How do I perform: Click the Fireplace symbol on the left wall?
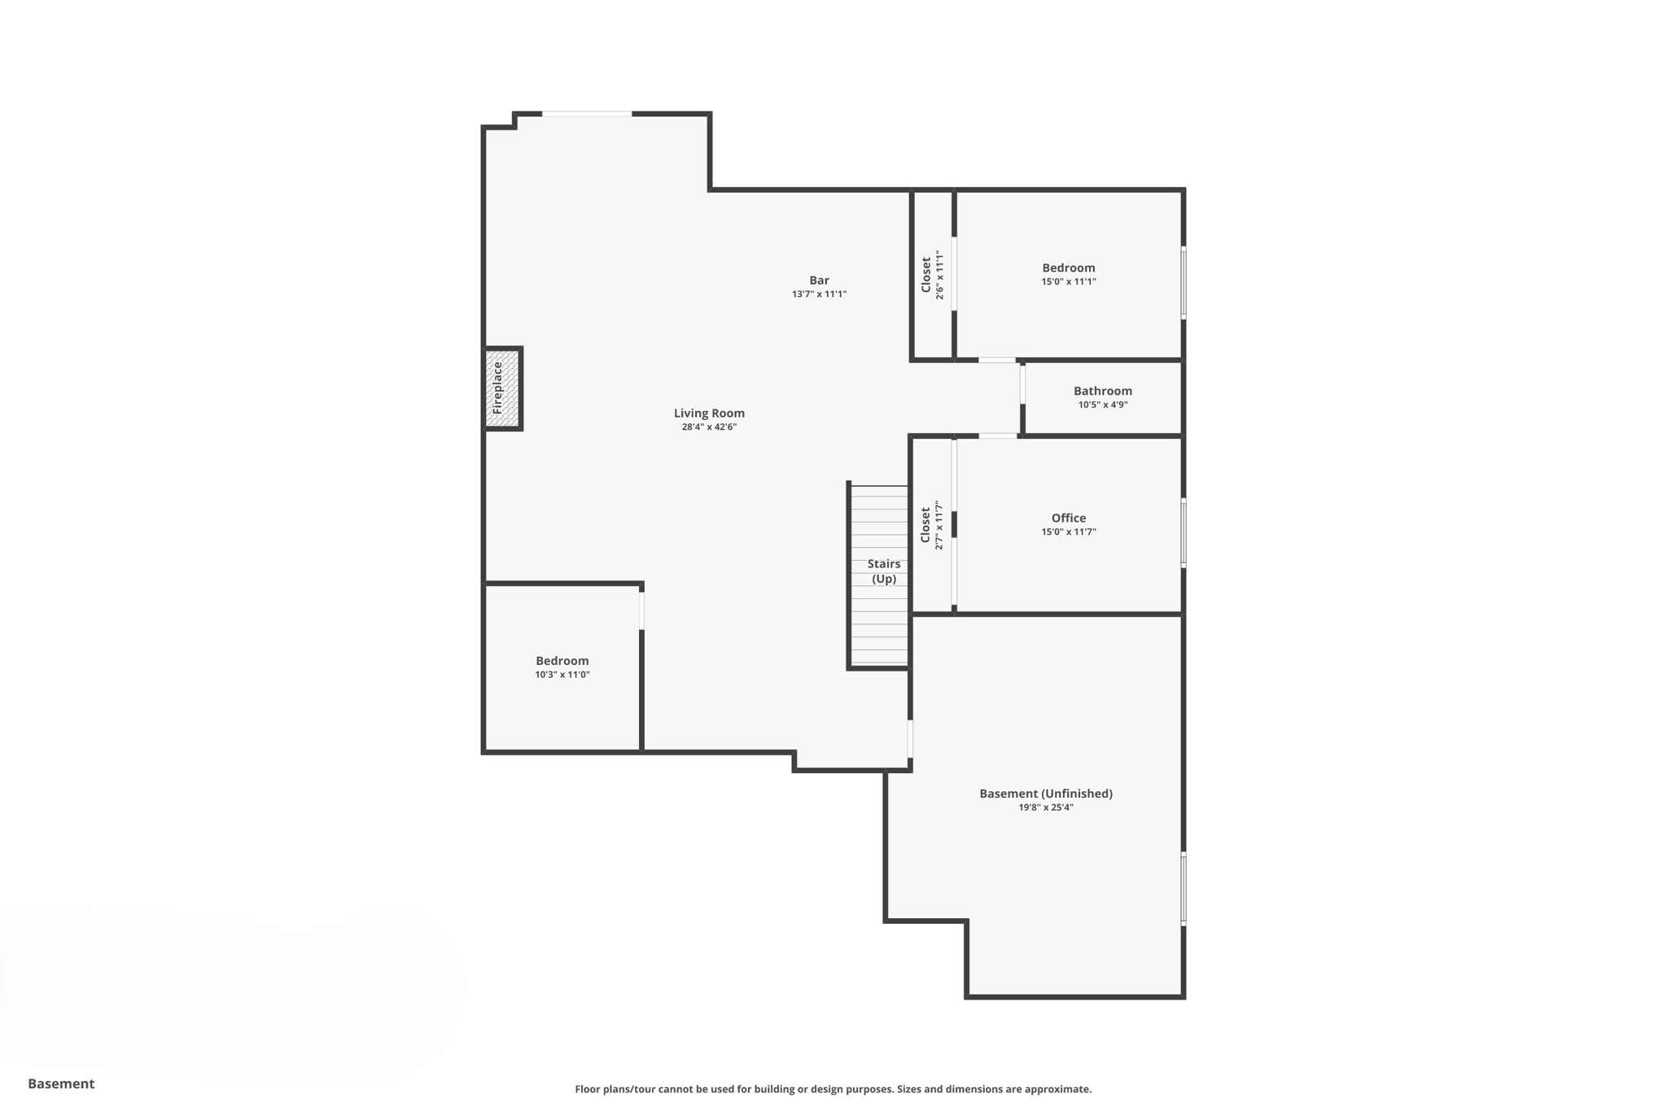502,388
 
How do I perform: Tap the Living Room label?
709,413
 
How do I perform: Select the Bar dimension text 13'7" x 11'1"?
819,294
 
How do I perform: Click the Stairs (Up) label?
884,571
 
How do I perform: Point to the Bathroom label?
1102,391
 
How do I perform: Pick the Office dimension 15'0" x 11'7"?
1068,531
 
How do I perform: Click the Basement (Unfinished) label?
1045,794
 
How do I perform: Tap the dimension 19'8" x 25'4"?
1045,807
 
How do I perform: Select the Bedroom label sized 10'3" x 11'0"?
562,661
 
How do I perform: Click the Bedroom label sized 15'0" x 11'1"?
1068,268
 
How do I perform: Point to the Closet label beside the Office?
925,525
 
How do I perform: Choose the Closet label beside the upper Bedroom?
926,275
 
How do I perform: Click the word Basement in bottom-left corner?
61,1083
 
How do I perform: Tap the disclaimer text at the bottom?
833,1089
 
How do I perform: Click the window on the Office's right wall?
1183,533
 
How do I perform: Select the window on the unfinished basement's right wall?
1183,888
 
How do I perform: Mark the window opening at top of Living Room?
587,114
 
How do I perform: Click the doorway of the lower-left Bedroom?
641,610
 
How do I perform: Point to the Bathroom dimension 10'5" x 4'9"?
1102,405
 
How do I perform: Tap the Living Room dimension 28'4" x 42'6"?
709,426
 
